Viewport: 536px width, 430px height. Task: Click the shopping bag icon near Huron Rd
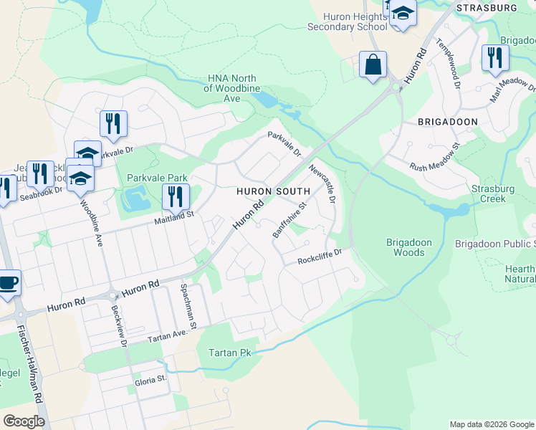pyautogui.click(x=373, y=65)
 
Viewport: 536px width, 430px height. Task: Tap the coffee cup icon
pyautogui.click(x=8, y=282)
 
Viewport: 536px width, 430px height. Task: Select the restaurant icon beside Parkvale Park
pyautogui.click(x=175, y=196)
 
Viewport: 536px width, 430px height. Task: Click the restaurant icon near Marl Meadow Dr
pyautogui.click(x=495, y=57)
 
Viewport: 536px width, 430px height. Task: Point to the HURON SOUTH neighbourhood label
pyautogui.click(x=274, y=191)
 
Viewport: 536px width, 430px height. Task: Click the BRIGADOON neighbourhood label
pyautogui.click(x=448, y=122)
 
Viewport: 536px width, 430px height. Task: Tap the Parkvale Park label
pyautogui.click(x=157, y=177)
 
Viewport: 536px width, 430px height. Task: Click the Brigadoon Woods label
pyautogui.click(x=409, y=247)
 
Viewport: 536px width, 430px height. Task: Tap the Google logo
pyautogui.click(x=24, y=421)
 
